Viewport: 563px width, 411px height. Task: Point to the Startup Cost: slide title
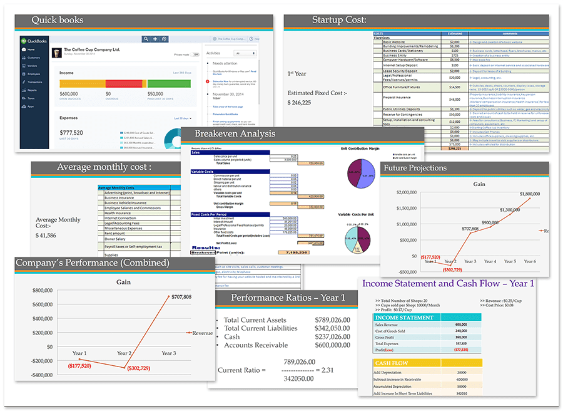tap(339, 20)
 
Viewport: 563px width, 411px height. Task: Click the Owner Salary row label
tap(116, 239)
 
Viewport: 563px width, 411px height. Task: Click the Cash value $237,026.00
tap(332, 336)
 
